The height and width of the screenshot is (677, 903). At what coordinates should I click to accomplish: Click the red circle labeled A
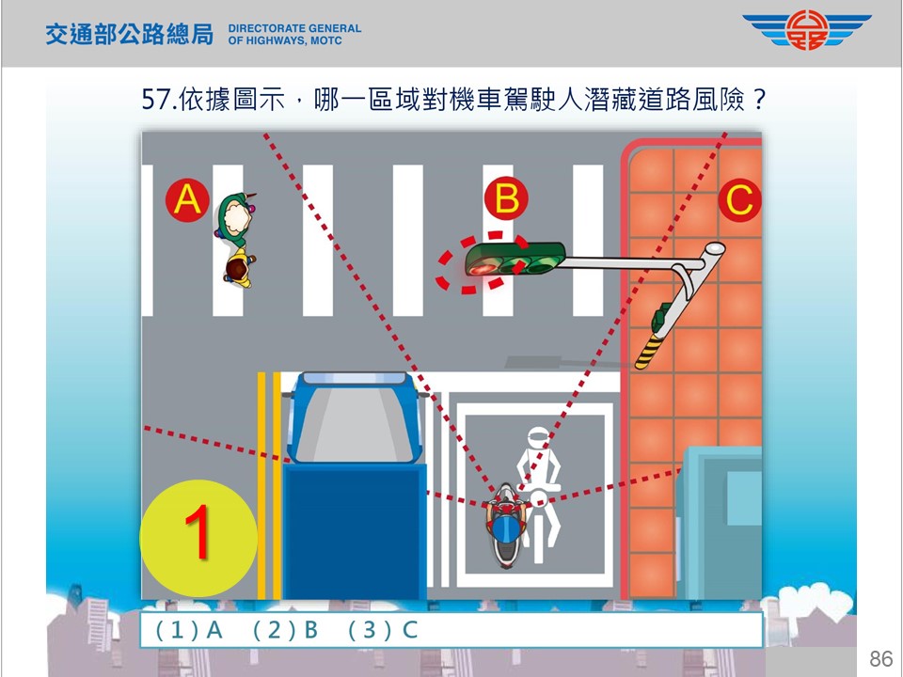[187, 199]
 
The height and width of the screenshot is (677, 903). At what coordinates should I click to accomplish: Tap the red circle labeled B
[506, 198]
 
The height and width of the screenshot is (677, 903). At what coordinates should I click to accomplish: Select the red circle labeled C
[740, 200]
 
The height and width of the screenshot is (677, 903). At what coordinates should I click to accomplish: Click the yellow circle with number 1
[198, 538]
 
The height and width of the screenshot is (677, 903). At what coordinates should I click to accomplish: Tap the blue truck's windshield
[353, 424]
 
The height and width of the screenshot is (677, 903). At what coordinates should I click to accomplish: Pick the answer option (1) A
[189, 630]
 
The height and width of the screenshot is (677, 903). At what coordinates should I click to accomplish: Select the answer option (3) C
[384, 630]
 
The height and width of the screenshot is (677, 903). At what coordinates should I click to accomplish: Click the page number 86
[880, 658]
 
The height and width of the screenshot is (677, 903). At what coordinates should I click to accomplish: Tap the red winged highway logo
[807, 30]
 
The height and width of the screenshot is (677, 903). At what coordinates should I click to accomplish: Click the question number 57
[157, 100]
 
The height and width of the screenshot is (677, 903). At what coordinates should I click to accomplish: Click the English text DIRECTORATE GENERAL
[294, 28]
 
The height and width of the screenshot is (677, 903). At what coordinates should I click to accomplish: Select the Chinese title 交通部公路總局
[130, 35]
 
